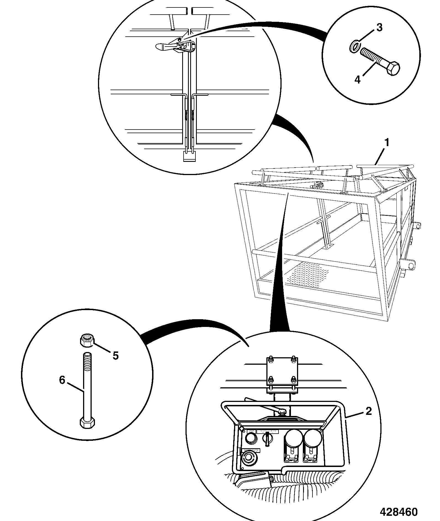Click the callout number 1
387,143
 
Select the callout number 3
380,28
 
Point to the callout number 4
357,80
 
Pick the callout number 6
62,380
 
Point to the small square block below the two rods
189,156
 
